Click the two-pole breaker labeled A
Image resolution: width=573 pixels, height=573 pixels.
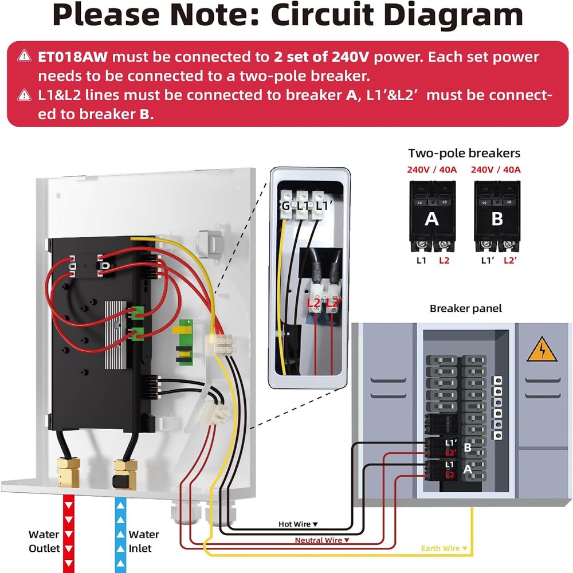point(432,217)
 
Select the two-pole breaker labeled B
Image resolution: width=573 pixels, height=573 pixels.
point(497,217)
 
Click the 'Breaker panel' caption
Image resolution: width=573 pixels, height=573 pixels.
point(465,308)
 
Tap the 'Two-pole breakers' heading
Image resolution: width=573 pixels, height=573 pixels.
point(464,153)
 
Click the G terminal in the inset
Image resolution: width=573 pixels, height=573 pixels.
point(285,206)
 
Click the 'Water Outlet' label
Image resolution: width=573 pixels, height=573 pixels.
point(44,541)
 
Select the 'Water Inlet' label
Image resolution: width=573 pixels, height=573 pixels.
point(143,541)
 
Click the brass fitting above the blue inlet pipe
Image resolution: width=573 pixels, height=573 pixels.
point(125,471)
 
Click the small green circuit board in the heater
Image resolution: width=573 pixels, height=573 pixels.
point(185,341)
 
